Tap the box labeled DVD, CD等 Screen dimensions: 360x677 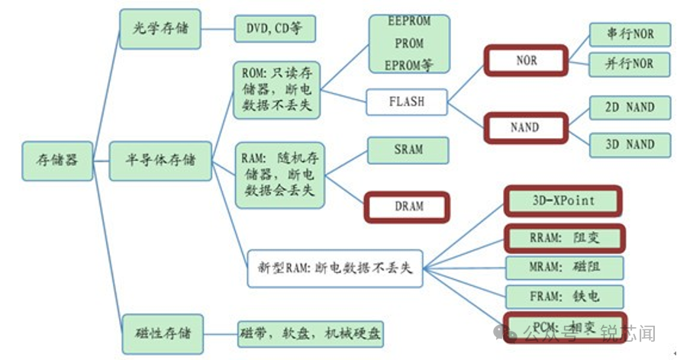(274, 30)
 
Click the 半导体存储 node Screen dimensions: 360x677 (160, 161)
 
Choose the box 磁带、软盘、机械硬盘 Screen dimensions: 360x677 (310, 333)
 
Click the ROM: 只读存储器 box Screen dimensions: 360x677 (276, 90)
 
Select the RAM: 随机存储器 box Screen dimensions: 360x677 (276, 176)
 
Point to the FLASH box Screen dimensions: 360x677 (406, 101)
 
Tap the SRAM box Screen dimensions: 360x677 (408, 149)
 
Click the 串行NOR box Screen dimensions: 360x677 (630, 34)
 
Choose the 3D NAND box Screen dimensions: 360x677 (630, 144)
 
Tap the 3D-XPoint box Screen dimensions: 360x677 (563, 201)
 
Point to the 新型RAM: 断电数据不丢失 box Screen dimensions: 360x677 (334, 268)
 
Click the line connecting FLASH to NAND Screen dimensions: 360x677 (466, 114)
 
